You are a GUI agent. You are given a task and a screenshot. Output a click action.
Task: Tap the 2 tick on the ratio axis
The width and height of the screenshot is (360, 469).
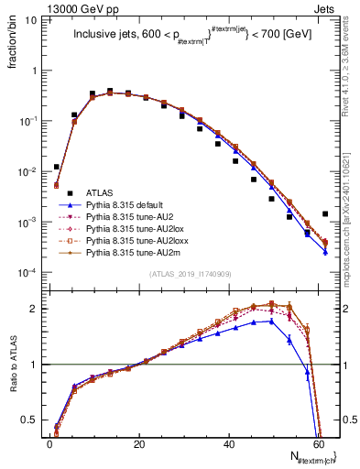tap(37, 309)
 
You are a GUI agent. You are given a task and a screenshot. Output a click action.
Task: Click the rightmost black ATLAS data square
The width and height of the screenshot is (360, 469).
tap(325, 213)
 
